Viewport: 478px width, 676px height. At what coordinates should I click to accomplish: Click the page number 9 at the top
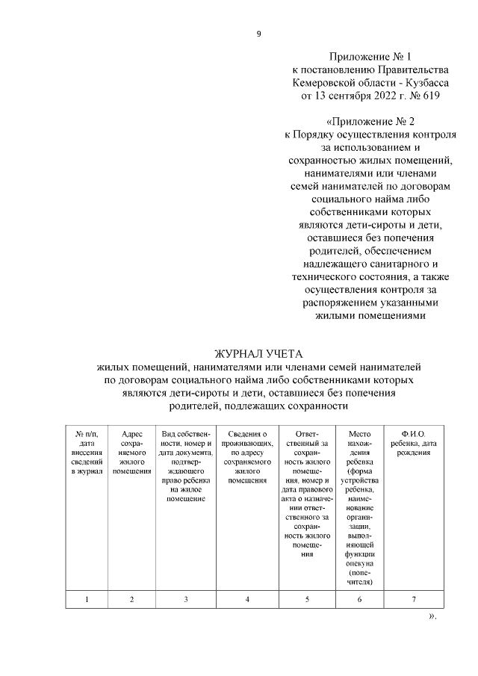(258, 33)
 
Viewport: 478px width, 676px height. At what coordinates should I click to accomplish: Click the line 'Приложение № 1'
(370, 56)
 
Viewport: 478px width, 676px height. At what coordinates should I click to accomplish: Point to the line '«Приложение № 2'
(370, 122)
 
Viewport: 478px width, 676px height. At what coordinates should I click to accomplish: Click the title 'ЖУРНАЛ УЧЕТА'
(259, 354)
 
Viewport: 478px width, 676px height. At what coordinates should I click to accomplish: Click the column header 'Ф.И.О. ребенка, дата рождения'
(413, 440)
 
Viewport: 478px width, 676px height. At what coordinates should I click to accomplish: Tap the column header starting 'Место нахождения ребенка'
(359, 507)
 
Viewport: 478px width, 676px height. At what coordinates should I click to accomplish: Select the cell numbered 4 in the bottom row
(247, 599)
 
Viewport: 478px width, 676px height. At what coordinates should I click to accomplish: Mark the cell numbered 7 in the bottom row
(413, 599)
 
